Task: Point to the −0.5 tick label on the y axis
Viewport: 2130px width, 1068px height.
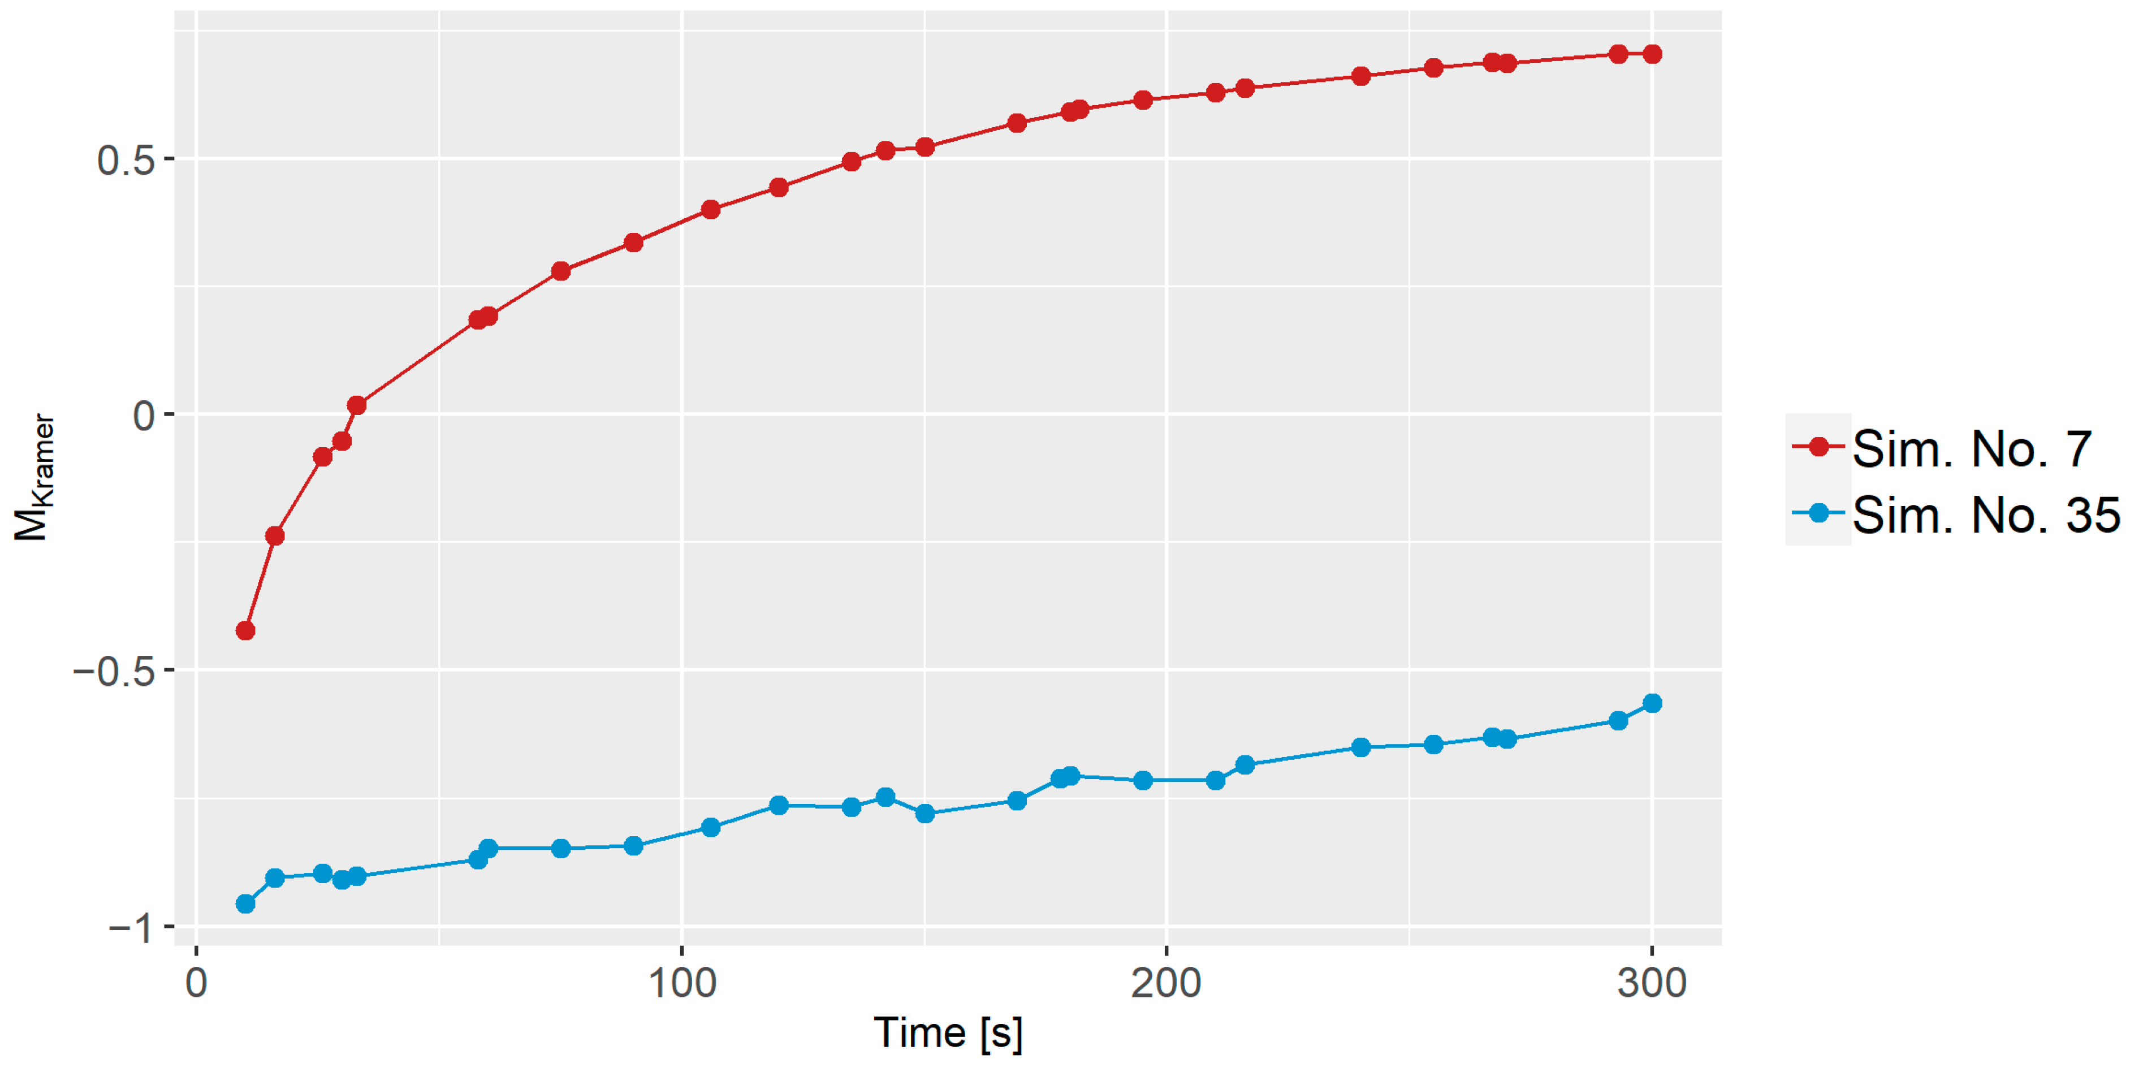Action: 114,671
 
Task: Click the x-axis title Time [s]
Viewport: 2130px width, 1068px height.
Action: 948,1034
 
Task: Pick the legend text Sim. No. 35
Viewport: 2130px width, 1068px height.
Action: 1986,515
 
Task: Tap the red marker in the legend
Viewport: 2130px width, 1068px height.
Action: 1818,447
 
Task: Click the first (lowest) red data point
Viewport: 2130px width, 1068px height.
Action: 245,631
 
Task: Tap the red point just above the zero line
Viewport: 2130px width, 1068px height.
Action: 356,405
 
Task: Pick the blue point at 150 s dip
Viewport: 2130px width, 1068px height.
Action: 925,814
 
